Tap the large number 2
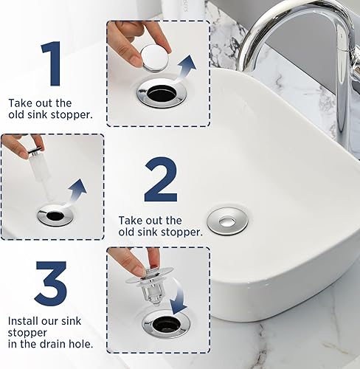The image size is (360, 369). tap(160, 181)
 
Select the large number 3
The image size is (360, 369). tap(50, 283)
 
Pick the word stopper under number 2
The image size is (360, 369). tap(183, 232)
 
